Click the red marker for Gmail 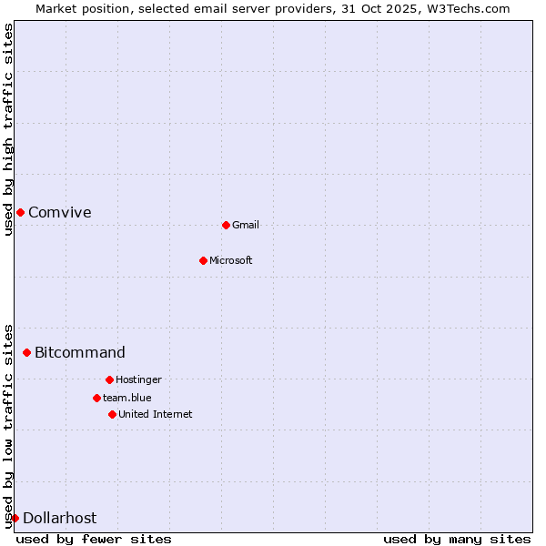pos(226,225)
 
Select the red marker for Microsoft pos(203,260)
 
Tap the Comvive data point pos(20,212)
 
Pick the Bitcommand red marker pos(26,352)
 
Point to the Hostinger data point pos(109,379)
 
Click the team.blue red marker pos(96,398)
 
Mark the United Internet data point pos(112,414)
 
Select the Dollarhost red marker pos(15,518)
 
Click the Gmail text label pos(246,225)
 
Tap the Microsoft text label pos(231,260)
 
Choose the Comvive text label pos(60,212)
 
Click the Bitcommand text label pos(80,352)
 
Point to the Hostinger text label pos(138,379)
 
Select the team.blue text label pos(127,398)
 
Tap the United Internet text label pos(156,414)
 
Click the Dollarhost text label pos(59,518)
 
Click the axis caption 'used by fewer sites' pos(94,539)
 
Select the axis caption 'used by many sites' pos(457,539)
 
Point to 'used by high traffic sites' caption pos(9,129)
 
